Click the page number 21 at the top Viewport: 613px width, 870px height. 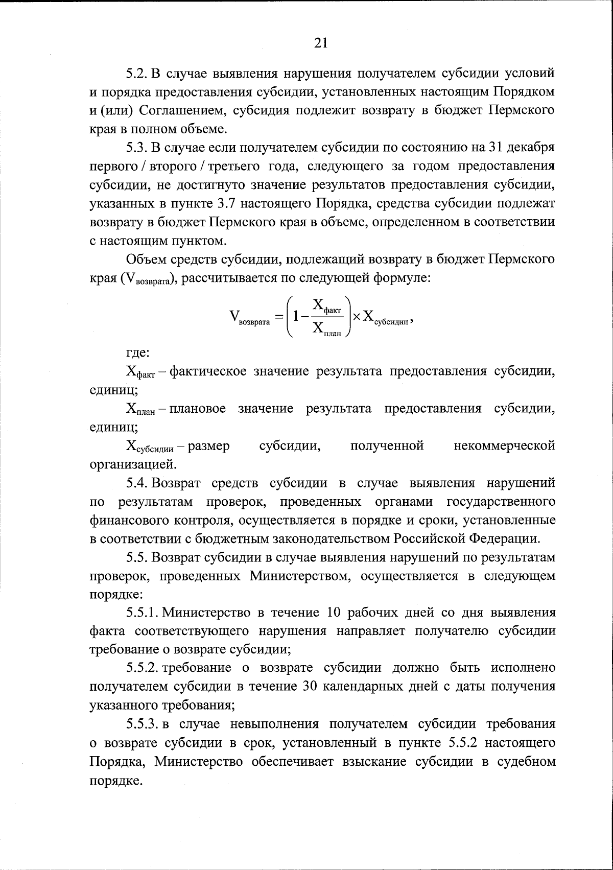(320, 43)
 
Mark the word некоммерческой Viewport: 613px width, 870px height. (504, 446)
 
